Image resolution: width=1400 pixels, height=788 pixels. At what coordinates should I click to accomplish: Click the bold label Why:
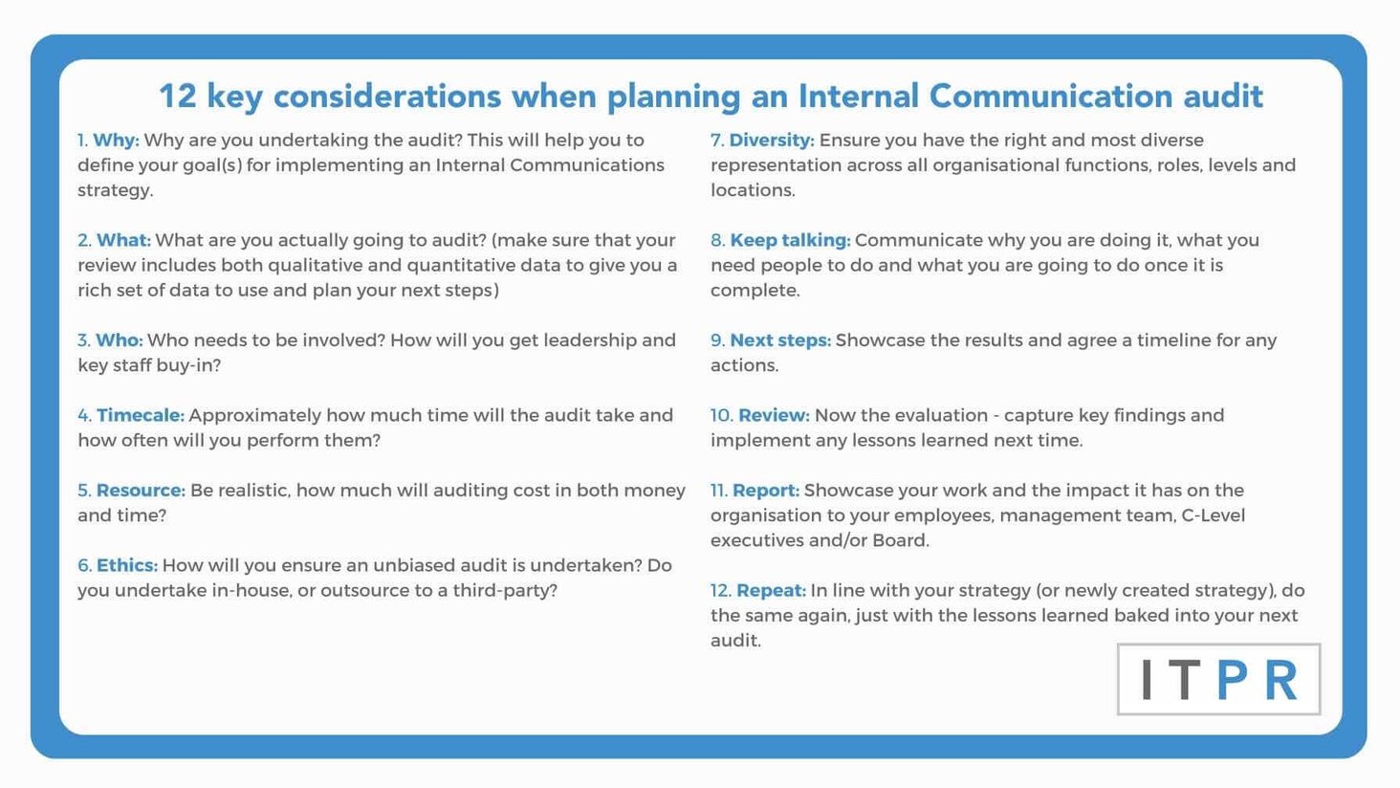pyautogui.click(x=116, y=141)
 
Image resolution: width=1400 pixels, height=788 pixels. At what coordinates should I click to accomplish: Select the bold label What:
pyautogui.click(x=123, y=240)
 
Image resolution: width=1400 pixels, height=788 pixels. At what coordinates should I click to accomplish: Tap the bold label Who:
pyautogui.click(x=120, y=340)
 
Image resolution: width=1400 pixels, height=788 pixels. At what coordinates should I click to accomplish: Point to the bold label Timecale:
pyautogui.click(x=140, y=415)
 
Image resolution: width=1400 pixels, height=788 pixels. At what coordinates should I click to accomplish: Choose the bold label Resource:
pyautogui.click(x=141, y=491)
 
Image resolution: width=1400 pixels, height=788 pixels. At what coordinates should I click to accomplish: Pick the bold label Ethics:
pyautogui.click(x=127, y=565)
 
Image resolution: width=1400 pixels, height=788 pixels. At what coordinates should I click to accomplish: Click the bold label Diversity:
pyautogui.click(x=772, y=141)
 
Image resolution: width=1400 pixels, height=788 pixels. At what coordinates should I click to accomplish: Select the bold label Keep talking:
pyautogui.click(x=790, y=240)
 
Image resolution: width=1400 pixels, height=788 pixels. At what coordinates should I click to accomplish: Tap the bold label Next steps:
pyautogui.click(x=780, y=340)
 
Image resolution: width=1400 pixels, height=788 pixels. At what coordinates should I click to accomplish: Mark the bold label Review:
pyautogui.click(x=774, y=415)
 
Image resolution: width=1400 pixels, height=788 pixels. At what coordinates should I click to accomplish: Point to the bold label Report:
pyautogui.click(x=766, y=491)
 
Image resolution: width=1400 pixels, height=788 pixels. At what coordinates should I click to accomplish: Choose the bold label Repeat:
pyautogui.click(x=771, y=590)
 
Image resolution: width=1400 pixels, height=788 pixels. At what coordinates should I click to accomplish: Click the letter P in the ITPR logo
pyautogui.click(x=1233, y=680)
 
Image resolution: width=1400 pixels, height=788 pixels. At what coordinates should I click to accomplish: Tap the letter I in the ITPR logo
pyautogui.click(x=1148, y=680)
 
